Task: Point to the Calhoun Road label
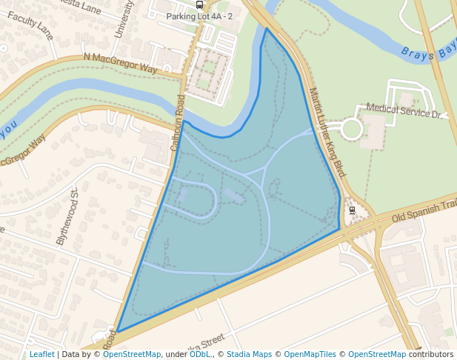click(x=179, y=123)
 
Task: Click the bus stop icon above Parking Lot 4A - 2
click(x=199, y=4)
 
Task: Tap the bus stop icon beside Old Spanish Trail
click(x=353, y=210)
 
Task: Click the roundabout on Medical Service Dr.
click(x=351, y=129)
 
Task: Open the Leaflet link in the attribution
click(x=41, y=354)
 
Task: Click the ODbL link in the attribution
click(x=200, y=354)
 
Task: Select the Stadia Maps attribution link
click(x=249, y=354)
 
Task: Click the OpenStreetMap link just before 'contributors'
click(x=377, y=354)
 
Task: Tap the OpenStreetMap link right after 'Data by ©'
click(x=132, y=354)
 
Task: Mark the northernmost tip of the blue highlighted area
click(x=266, y=28)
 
